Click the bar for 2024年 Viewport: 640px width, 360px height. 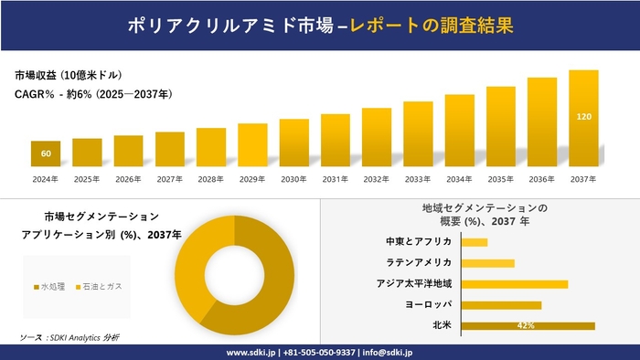46,154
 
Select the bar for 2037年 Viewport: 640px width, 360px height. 583,119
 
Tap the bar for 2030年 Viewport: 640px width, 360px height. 293,143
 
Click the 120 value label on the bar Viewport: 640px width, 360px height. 583,117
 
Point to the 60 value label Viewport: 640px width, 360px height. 46,153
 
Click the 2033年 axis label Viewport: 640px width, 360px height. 418,179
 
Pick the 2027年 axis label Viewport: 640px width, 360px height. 169,179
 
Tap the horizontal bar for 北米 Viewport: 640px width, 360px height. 528,325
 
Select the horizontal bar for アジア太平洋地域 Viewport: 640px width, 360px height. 514,284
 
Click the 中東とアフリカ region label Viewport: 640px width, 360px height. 419,242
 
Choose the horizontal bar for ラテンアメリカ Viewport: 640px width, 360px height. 487,263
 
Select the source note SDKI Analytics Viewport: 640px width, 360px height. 69,338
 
